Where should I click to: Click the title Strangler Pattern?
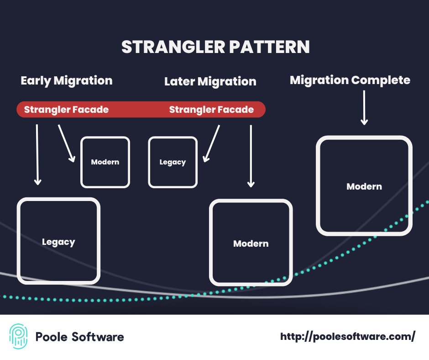pos(215,48)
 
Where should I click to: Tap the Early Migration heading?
pos(67,81)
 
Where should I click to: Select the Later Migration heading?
pos(210,82)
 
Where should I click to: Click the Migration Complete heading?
pos(350,80)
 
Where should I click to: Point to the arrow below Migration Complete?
pos(364,107)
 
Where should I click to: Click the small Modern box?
pos(105,162)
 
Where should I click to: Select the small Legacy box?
pos(173,162)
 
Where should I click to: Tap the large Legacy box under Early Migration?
pos(58,242)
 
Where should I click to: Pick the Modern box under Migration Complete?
pos(364,186)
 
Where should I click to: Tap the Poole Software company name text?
pos(79,337)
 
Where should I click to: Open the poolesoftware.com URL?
pos(347,337)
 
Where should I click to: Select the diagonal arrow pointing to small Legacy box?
pos(211,143)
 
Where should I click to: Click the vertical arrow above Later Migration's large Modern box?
pos(251,155)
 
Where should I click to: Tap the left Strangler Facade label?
pos(66,110)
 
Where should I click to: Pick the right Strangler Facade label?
pos(211,110)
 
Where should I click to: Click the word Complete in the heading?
pos(380,80)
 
